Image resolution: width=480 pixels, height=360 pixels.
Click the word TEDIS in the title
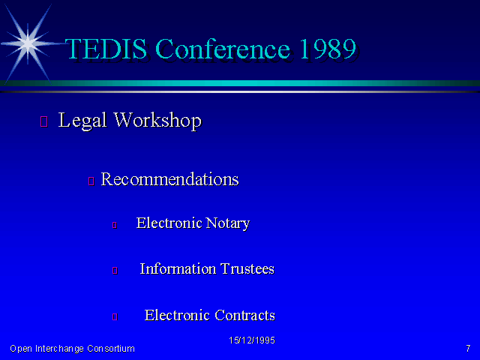coord(106,49)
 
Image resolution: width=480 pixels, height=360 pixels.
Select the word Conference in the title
coord(223,49)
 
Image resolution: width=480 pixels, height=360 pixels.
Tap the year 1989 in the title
coord(328,49)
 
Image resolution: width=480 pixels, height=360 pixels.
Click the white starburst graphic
coord(28,43)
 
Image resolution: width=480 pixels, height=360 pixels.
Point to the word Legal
coord(82,120)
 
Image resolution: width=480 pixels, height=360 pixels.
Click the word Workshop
coord(157,120)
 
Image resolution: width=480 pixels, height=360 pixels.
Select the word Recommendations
coord(169,179)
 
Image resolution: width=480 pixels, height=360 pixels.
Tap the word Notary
coord(228,223)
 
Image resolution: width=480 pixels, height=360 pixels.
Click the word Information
coord(178,268)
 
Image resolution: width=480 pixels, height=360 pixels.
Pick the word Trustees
coord(247,268)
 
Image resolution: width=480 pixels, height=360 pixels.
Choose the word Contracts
coord(245,315)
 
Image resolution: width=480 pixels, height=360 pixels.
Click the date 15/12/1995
coord(252,340)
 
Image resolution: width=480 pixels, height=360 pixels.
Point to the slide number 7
coord(468,348)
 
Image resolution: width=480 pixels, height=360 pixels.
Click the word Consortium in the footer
coord(111,349)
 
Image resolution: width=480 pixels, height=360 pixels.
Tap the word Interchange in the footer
coord(59,349)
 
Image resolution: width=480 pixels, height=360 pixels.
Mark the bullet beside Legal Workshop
coord(44,121)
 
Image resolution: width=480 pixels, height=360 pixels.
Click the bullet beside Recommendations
coord(91,181)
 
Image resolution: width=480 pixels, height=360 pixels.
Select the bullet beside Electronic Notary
coord(115,225)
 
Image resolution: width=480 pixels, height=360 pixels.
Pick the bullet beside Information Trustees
coord(115,270)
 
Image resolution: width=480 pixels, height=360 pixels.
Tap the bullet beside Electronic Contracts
coord(115,316)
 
